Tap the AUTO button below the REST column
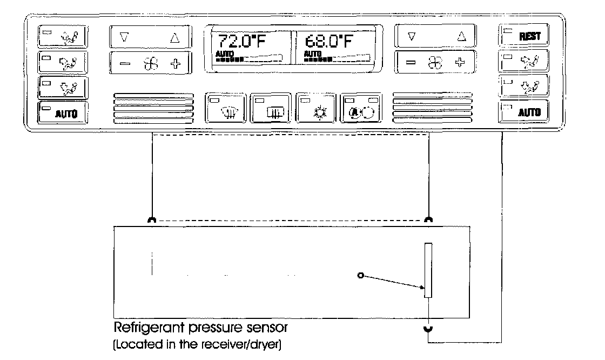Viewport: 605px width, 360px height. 523,112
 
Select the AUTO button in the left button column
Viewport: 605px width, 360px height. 63,114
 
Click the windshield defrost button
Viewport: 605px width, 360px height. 226,108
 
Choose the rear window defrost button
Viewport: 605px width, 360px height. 271,108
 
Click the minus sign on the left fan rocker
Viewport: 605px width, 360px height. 125,64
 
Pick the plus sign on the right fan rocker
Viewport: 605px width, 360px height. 460,62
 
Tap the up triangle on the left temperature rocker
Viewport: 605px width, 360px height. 174,38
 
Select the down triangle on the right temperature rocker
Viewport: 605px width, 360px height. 412,37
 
